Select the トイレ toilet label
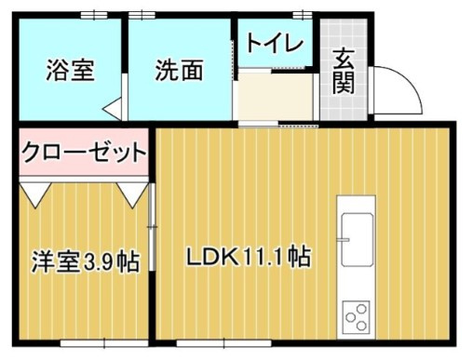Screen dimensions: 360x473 click(x=274, y=43)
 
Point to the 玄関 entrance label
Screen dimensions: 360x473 click(x=344, y=70)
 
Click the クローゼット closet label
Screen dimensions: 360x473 click(x=84, y=151)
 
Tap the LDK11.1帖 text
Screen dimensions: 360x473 click(x=247, y=254)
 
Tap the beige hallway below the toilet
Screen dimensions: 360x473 click(x=276, y=97)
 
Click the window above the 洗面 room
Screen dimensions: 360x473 click(x=142, y=14)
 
